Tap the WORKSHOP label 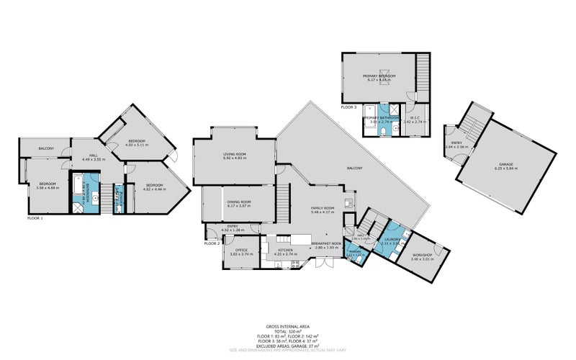pyautogui.click(x=422, y=256)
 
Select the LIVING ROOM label pyautogui.click(x=234, y=154)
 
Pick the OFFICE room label pyautogui.click(x=241, y=251)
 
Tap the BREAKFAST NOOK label pyautogui.click(x=327, y=244)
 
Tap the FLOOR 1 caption pyautogui.click(x=35, y=217)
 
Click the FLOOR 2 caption pyautogui.click(x=212, y=243)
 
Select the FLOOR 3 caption pyautogui.click(x=348, y=107)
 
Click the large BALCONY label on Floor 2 pyautogui.click(x=354, y=168)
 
